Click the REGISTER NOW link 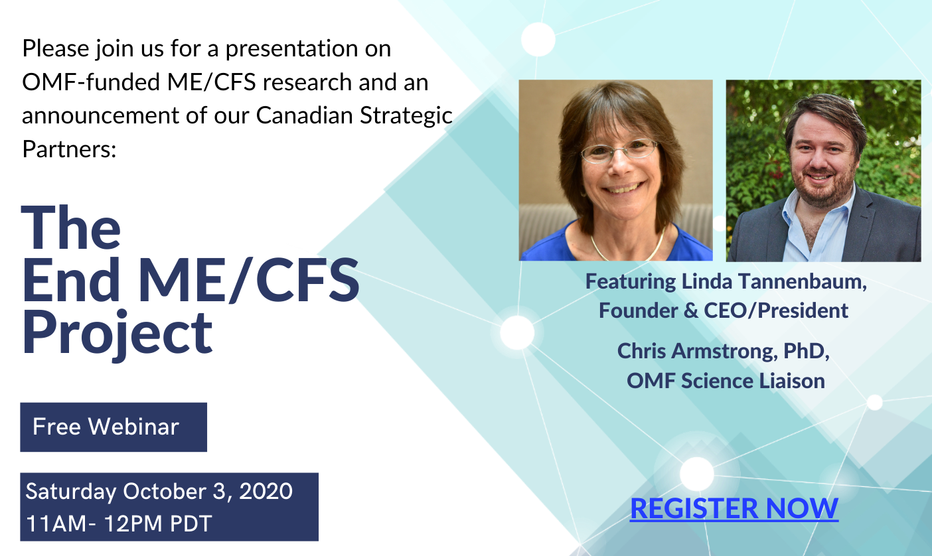click(734, 508)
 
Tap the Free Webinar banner click(114, 427)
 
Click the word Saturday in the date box click(71, 492)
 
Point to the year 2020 click(266, 491)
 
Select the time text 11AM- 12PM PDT click(119, 523)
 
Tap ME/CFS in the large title click(248, 279)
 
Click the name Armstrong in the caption click(724, 351)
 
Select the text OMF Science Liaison click(726, 381)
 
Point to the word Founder click(638, 311)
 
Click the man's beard click(822, 188)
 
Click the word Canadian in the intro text click(305, 115)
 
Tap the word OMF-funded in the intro click(91, 82)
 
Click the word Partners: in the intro click(69, 149)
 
